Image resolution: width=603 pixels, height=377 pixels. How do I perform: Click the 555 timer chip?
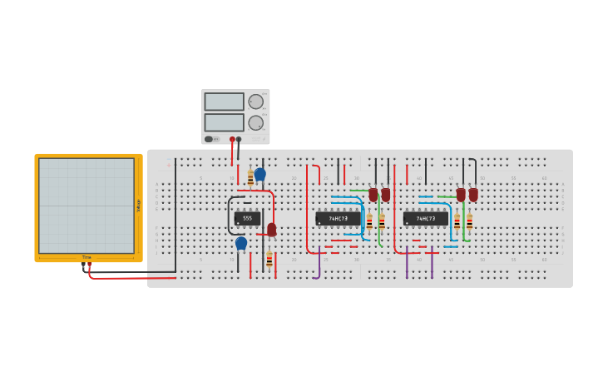247,218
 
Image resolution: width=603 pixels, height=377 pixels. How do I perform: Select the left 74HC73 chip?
338,219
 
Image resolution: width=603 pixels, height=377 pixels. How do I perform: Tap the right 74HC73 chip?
426,219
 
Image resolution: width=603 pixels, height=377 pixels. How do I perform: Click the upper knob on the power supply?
255,102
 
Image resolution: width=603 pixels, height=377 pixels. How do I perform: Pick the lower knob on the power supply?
255,123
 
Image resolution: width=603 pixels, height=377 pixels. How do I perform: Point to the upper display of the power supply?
224,102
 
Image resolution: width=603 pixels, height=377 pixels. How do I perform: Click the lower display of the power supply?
224,122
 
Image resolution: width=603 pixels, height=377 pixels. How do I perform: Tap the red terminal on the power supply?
232,139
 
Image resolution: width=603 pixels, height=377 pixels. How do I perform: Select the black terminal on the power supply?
239,139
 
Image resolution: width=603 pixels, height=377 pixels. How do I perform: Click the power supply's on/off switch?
209,139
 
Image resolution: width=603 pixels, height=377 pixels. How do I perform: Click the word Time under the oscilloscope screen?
86,257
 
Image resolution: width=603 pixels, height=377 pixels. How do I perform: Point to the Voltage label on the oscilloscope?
138,206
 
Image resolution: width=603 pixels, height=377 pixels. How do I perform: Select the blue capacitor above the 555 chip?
259,174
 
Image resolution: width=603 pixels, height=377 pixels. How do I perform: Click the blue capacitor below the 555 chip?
241,243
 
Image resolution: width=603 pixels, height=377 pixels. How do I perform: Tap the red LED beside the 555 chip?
272,229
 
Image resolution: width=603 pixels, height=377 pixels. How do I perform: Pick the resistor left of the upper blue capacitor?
250,178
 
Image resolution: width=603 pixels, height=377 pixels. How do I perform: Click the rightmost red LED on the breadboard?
473,195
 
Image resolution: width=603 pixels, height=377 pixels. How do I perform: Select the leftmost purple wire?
319,265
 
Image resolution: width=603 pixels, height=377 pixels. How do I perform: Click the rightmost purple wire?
432,265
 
